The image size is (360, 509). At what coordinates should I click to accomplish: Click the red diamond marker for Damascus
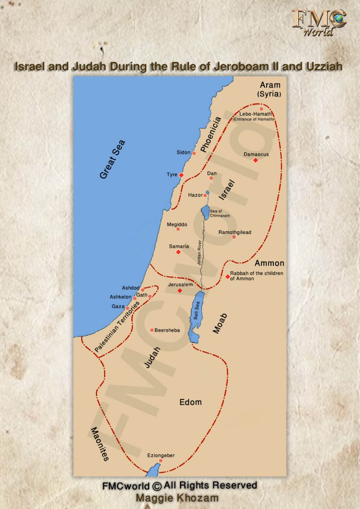tap(255, 160)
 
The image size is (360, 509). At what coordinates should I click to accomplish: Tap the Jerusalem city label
tap(180, 284)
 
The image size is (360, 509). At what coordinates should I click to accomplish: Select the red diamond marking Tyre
tap(181, 175)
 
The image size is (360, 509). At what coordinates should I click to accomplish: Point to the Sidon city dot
tap(194, 153)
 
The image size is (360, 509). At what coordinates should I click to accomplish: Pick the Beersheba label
tap(167, 330)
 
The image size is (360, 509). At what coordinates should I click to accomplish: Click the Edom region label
tap(190, 402)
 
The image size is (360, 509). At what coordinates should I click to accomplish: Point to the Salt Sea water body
tap(195, 314)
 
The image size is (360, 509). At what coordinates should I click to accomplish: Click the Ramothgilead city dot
tap(234, 237)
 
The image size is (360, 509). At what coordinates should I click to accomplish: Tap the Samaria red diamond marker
tap(178, 252)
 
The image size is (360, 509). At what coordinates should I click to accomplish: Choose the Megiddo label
tap(177, 225)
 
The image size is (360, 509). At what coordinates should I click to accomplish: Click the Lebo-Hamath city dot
tap(262, 109)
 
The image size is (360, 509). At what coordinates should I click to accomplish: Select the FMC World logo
tap(319, 22)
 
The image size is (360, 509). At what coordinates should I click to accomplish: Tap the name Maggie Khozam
tap(177, 498)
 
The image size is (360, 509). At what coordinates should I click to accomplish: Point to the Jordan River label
tap(200, 254)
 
